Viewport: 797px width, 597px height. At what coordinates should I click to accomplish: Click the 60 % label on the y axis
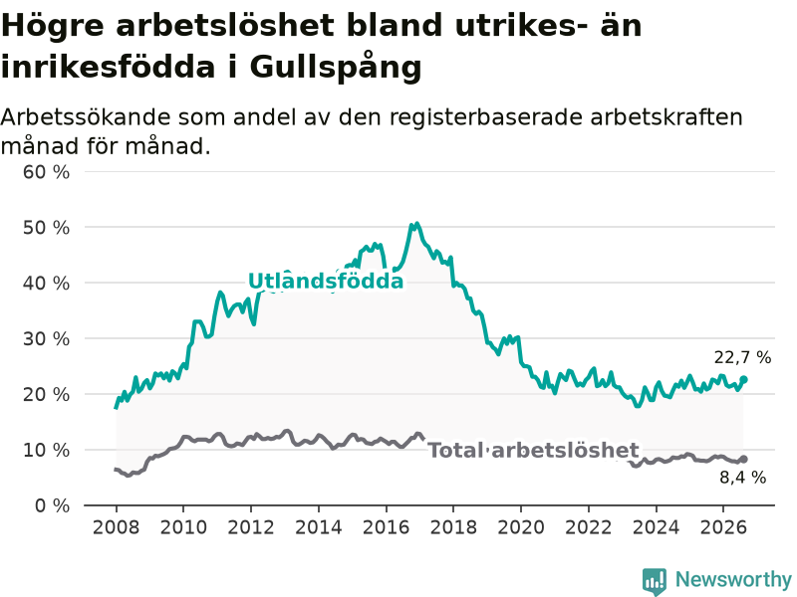(x=46, y=172)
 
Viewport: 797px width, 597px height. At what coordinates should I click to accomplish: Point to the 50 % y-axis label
(x=46, y=228)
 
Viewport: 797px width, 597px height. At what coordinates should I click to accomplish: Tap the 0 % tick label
(x=53, y=505)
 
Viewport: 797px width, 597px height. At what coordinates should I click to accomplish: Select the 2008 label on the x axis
(x=116, y=527)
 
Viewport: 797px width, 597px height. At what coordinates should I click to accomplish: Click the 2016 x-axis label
(x=386, y=527)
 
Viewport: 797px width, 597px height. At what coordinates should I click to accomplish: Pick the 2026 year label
(x=723, y=527)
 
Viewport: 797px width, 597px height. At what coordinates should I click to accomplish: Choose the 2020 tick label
(x=521, y=527)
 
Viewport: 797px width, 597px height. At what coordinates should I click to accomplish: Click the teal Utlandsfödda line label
(x=326, y=281)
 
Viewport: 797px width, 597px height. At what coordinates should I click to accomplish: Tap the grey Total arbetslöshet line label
(x=533, y=451)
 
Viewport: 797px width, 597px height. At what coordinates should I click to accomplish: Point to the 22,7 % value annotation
(x=742, y=357)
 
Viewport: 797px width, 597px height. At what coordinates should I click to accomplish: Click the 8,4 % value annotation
(x=742, y=478)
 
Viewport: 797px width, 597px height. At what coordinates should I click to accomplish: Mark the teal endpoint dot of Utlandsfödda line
(x=743, y=379)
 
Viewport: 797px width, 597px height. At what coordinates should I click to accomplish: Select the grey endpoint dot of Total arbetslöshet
(x=743, y=459)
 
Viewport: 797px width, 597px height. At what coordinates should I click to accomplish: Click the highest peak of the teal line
(x=416, y=224)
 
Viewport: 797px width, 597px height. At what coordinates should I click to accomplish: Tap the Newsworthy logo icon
(x=655, y=581)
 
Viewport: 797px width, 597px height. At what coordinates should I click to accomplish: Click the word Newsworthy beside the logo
(x=733, y=579)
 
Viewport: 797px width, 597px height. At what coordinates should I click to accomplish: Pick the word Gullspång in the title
(x=336, y=68)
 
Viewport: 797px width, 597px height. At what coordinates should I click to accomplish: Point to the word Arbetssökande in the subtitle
(x=86, y=117)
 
